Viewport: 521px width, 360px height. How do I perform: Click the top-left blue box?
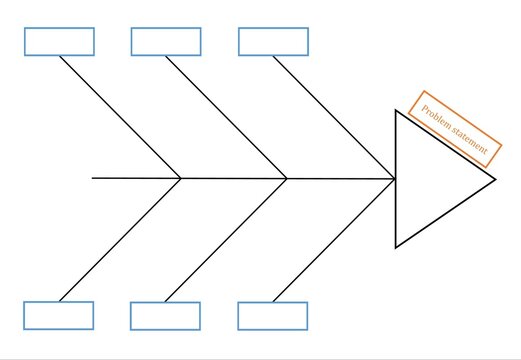[59, 41]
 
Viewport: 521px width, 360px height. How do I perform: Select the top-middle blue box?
[166, 41]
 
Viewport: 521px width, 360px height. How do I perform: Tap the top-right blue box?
[273, 41]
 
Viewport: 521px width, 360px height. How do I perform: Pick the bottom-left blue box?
[59, 315]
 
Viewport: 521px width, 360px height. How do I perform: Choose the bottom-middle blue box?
[165, 316]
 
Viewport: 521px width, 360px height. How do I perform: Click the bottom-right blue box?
[273, 316]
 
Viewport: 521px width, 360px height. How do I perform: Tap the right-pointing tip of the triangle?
[495, 179]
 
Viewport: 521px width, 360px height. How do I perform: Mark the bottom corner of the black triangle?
[396, 246]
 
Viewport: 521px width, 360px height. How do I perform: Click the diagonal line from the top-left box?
[120, 117]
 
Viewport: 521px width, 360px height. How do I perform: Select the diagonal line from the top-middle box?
[227, 117]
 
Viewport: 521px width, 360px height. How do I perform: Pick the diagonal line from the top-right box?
[334, 117]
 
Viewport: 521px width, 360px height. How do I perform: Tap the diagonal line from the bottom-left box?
[120, 239]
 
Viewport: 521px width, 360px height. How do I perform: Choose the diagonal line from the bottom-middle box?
[226, 240]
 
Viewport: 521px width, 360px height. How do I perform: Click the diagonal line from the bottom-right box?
[334, 240]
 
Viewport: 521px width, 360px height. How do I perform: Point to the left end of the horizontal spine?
[93, 178]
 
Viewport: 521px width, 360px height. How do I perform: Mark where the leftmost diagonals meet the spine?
[181, 178]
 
